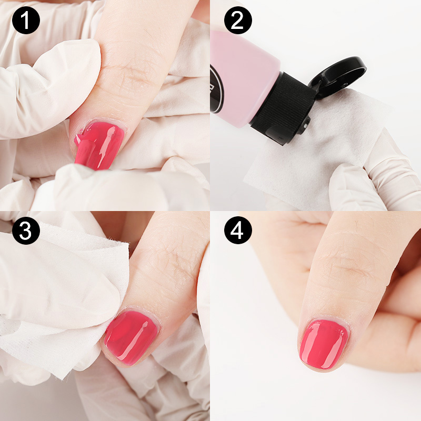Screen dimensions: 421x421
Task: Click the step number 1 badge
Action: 26,20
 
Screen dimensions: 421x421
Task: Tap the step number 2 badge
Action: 238,20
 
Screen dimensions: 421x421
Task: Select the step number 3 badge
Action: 26,230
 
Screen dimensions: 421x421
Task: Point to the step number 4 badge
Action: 238,230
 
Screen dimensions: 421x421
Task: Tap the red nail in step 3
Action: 132,337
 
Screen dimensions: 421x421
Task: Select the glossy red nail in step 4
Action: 324,344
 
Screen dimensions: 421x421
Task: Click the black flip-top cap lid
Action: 337,76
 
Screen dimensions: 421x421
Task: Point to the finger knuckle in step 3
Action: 172,263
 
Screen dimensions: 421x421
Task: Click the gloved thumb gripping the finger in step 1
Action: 54,88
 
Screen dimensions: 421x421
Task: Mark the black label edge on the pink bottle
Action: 216,88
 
